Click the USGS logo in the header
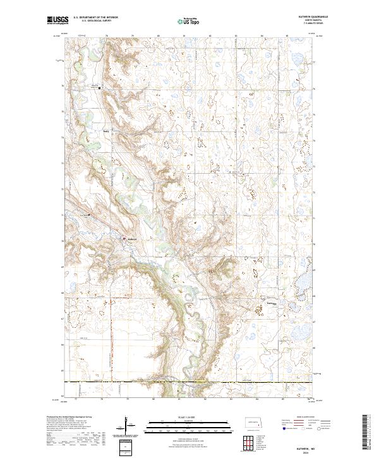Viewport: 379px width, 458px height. click(58, 20)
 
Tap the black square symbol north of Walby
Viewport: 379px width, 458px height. click(99, 88)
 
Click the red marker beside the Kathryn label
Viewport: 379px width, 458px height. click(124, 239)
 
